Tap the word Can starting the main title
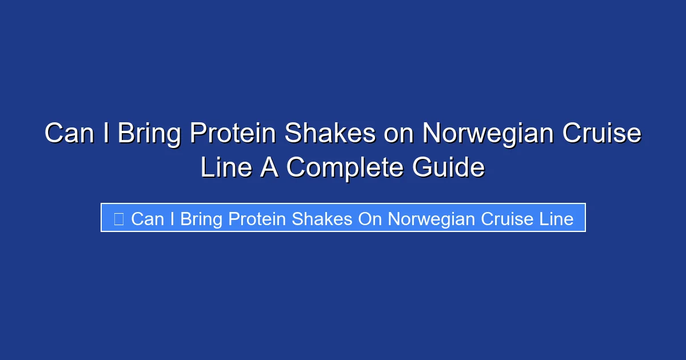pyautogui.click(x=70, y=134)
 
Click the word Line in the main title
pyautogui.click(x=226, y=167)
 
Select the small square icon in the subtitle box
pyautogui.click(x=118, y=218)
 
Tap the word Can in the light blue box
pyautogui.click(x=147, y=218)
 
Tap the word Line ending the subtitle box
pyautogui.click(x=556, y=218)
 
